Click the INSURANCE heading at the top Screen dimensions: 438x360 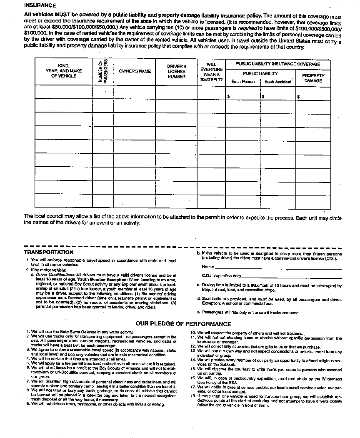pos(40,5)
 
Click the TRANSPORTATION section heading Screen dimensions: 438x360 pos(49,252)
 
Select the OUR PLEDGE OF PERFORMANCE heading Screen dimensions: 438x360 pos(183,324)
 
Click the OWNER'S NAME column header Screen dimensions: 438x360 pos(135,71)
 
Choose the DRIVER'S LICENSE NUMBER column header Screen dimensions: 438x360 pos(176,71)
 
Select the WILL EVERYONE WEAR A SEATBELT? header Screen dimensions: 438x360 pos(211,72)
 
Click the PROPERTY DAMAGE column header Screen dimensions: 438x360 pos(313,78)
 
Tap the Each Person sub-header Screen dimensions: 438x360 pos(243,82)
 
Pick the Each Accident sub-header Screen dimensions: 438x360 pos(278,82)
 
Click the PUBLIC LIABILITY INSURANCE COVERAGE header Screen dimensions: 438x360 pos(278,64)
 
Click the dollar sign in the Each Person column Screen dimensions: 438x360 pos(228,96)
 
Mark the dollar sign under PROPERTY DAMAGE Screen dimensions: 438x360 pos(298,96)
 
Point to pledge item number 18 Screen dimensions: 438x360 pos(193,396)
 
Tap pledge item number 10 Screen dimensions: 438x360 pos(193,333)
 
